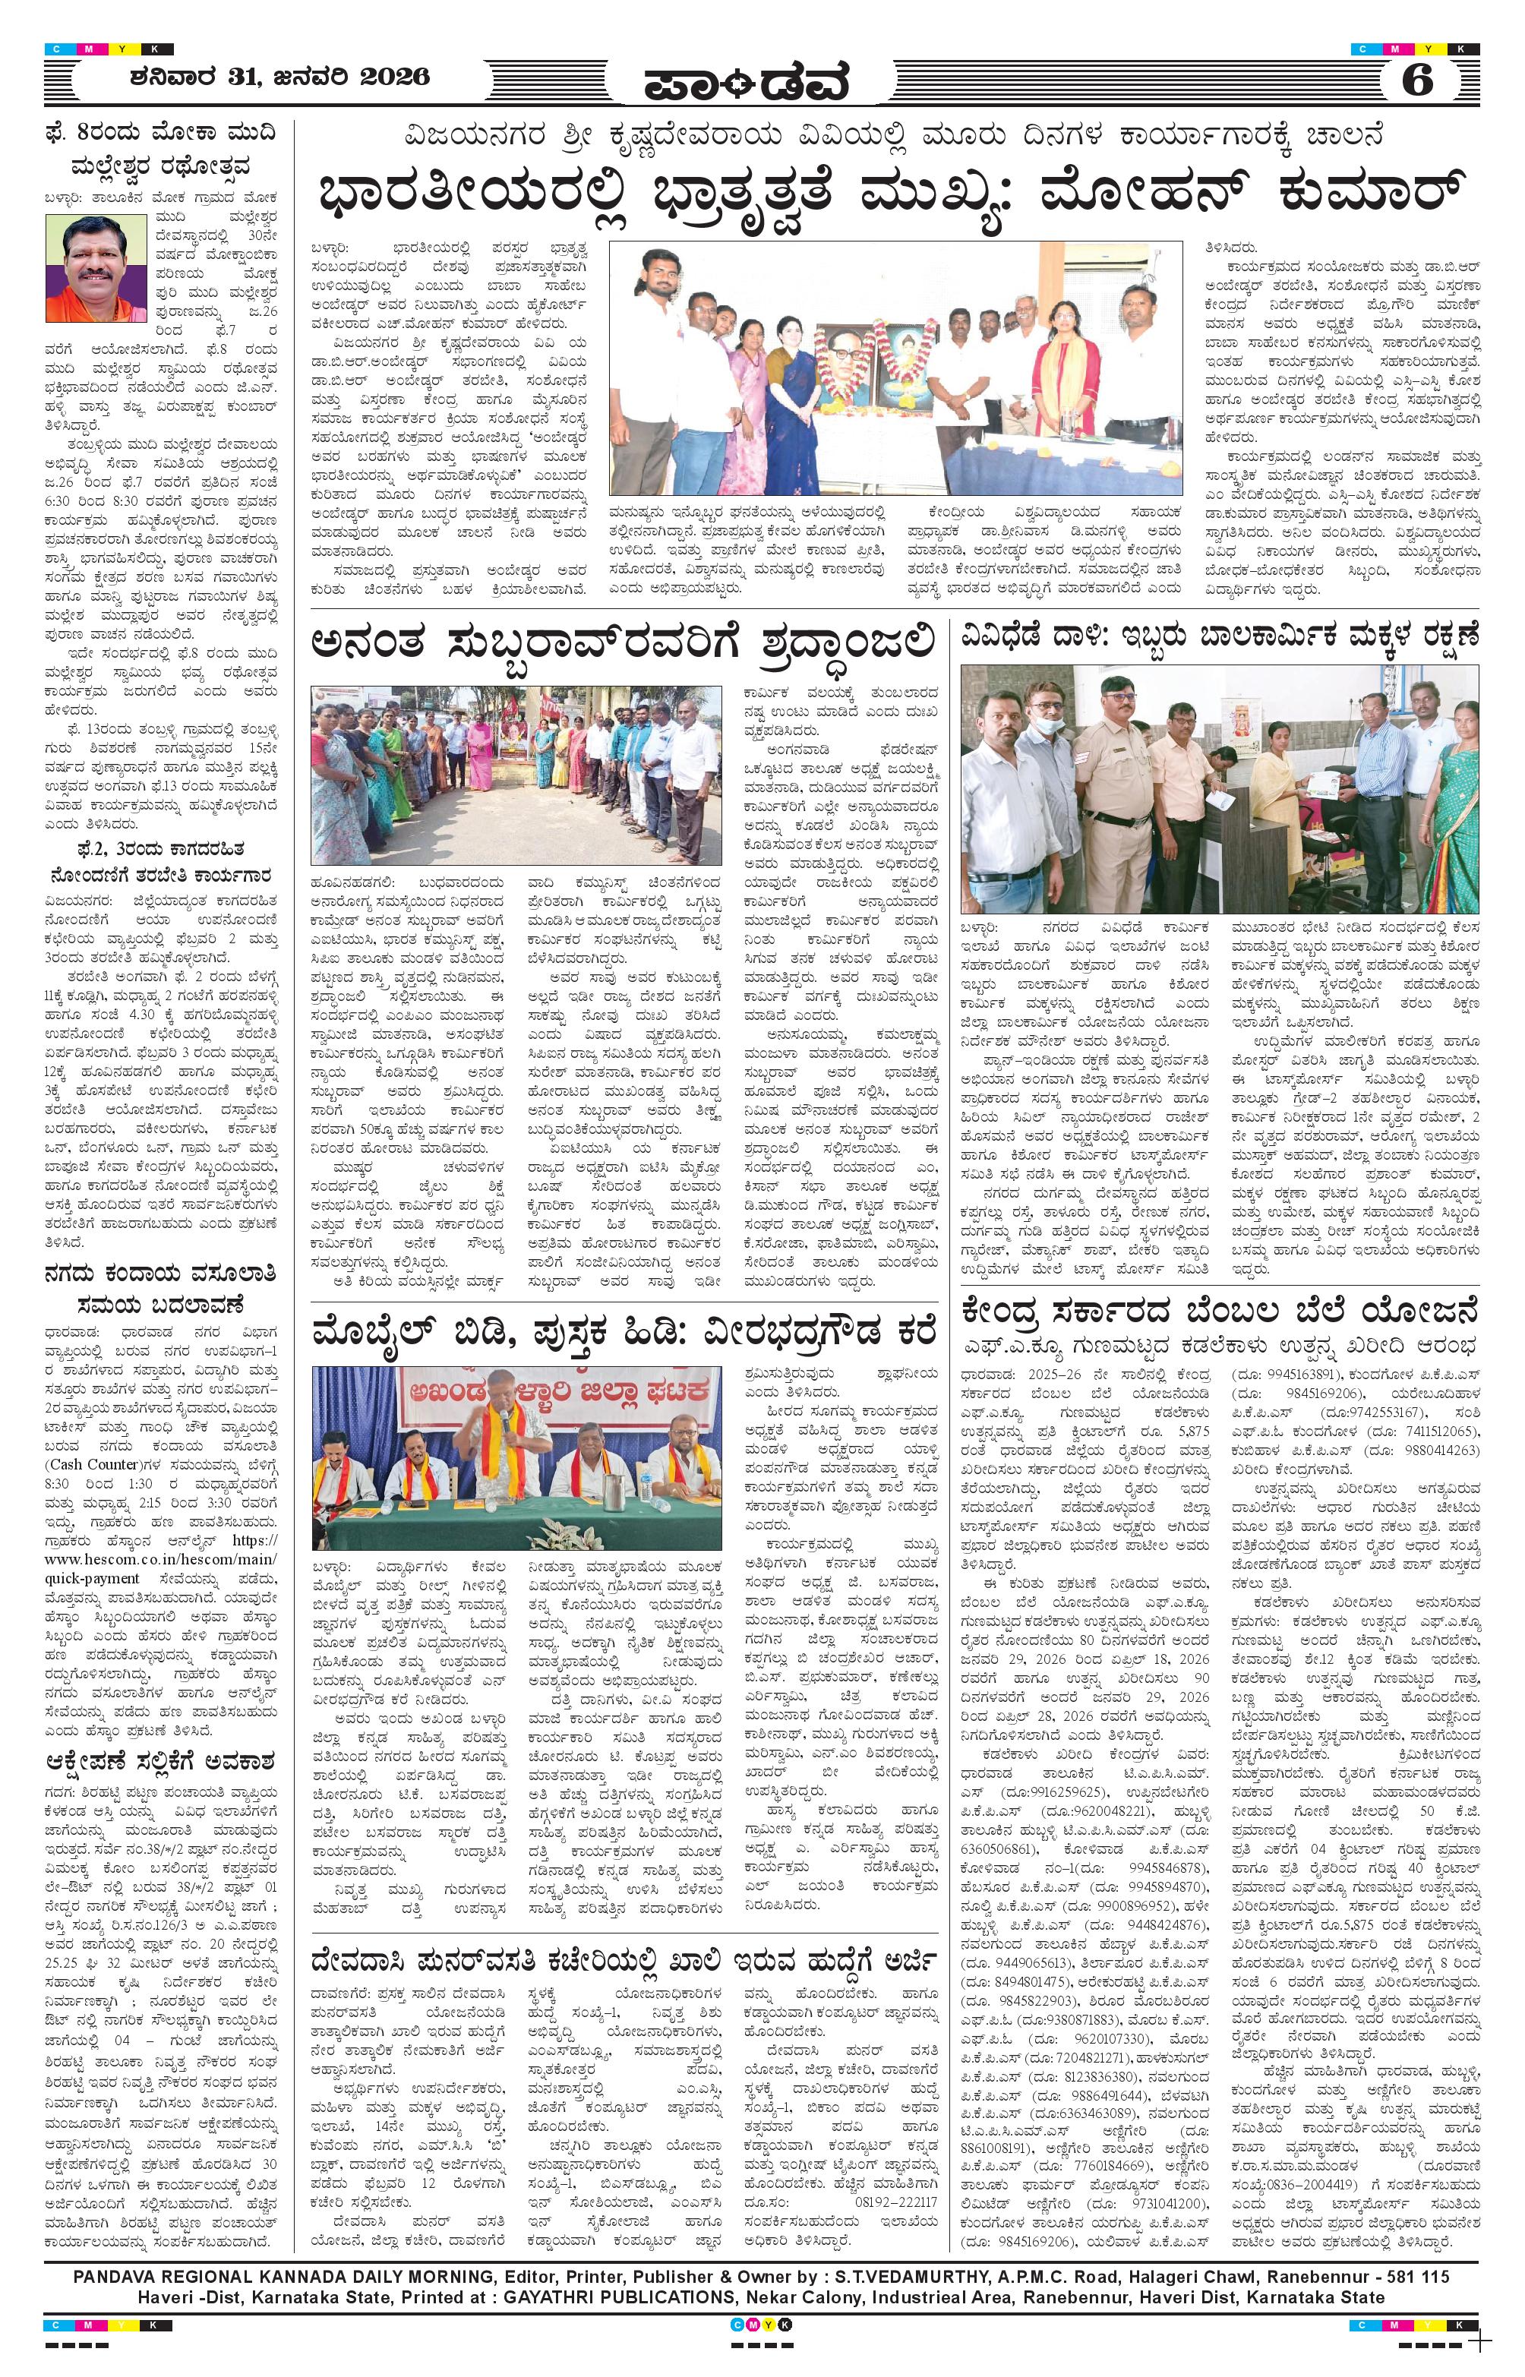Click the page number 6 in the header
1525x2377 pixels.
click(1417, 79)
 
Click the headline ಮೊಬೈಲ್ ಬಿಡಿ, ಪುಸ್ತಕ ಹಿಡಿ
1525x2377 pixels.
click(622, 1333)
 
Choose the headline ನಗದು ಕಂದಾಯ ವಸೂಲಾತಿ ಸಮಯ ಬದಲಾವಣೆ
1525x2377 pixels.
click(159, 1288)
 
